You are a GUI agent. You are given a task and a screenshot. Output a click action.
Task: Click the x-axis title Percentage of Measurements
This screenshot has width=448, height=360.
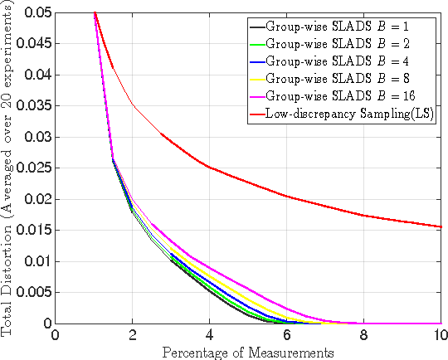[x=248, y=352]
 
